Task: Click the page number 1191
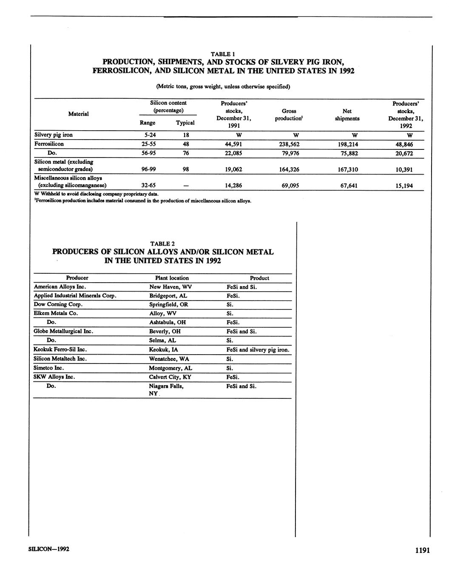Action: (x=423, y=550)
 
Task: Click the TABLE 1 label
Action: (x=223, y=54)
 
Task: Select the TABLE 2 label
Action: (x=162, y=243)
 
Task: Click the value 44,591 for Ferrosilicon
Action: (x=233, y=144)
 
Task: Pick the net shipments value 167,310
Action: (x=347, y=169)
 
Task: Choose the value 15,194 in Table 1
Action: (x=404, y=186)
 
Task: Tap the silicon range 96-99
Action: (x=148, y=169)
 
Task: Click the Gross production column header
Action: (x=289, y=115)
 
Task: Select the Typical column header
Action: (x=185, y=123)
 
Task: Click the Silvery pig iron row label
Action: (x=53, y=135)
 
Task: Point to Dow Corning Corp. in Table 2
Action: (x=58, y=304)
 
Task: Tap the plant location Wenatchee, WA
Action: (x=169, y=358)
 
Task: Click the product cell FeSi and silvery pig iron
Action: (x=258, y=349)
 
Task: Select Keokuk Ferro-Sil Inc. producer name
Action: (x=60, y=349)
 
